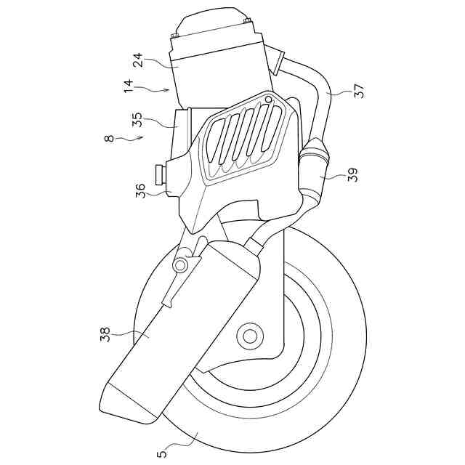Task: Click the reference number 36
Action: [140, 190]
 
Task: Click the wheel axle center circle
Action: [251, 336]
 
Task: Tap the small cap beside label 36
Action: [159, 175]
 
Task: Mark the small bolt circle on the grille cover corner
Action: [269, 99]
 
